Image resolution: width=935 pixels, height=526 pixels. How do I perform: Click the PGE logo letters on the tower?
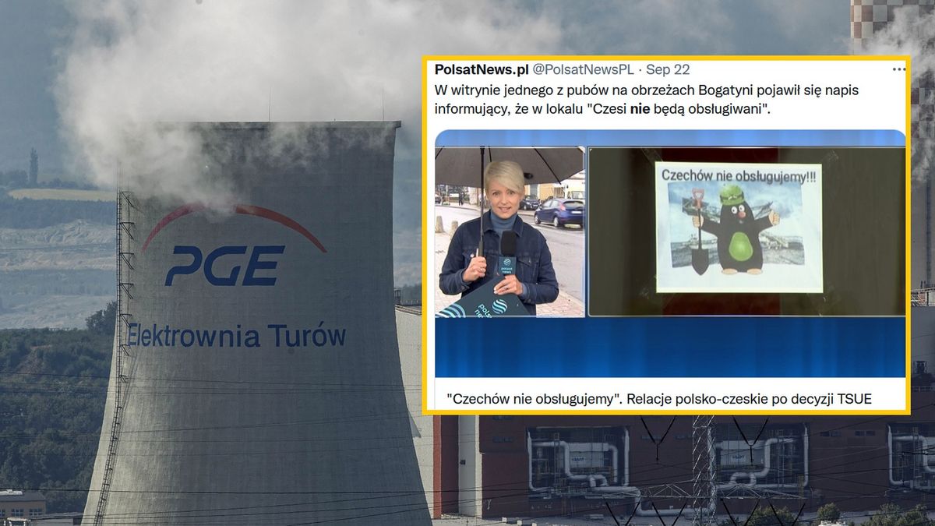(x=224, y=266)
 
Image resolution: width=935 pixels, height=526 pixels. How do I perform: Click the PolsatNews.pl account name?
(x=481, y=70)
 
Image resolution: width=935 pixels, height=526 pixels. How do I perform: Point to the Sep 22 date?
(x=667, y=70)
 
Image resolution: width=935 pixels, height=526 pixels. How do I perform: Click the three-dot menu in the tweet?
(x=898, y=69)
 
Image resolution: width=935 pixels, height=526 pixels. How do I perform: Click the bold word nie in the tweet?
(x=640, y=109)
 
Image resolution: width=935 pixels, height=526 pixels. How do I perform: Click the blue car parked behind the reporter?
(x=559, y=212)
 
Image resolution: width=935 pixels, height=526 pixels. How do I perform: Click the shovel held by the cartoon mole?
(x=699, y=234)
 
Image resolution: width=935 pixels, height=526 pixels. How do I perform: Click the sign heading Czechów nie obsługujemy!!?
(x=732, y=176)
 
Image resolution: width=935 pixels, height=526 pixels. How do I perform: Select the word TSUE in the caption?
(x=854, y=399)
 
